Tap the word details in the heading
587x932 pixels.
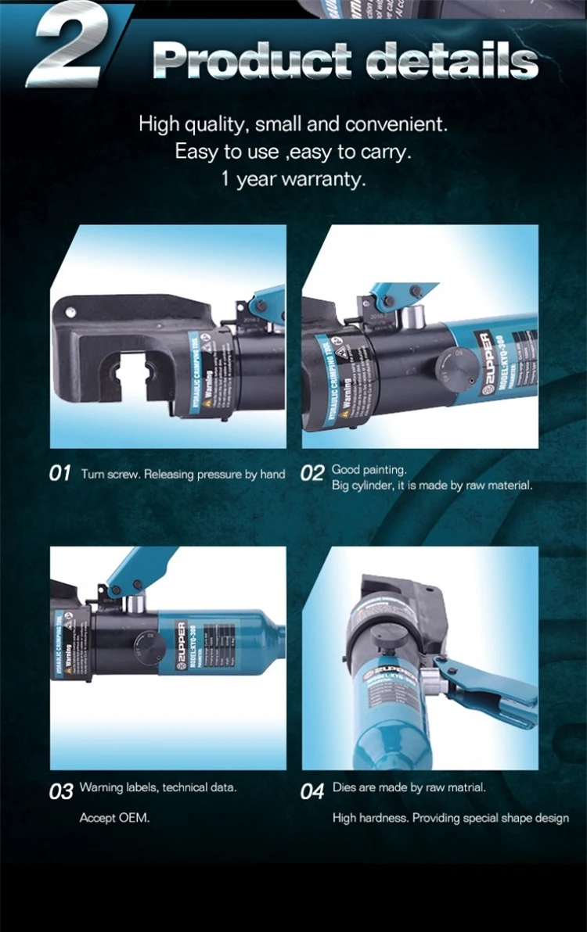click(x=452, y=59)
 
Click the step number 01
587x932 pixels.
click(x=60, y=474)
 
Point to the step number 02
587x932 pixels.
click(x=312, y=474)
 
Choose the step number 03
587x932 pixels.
click(x=61, y=790)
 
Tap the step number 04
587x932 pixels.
click(x=312, y=790)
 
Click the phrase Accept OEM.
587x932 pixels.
click(x=114, y=818)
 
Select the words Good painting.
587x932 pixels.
click(x=369, y=470)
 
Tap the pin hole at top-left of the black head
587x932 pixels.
click(x=69, y=310)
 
